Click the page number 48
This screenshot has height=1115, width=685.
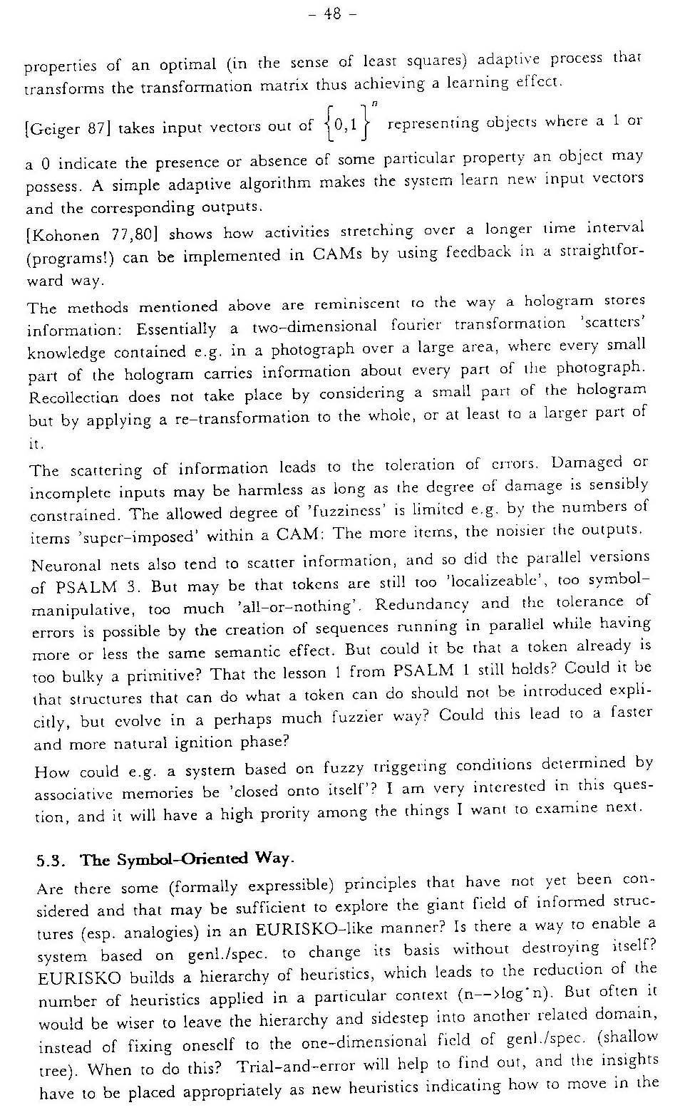pyautogui.click(x=332, y=13)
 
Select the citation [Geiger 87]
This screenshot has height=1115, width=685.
pyautogui.click(x=66, y=129)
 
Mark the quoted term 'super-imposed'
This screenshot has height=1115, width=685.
pyautogui.click(x=136, y=536)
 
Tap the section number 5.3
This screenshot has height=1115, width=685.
pyautogui.click(x=51, y=861)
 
